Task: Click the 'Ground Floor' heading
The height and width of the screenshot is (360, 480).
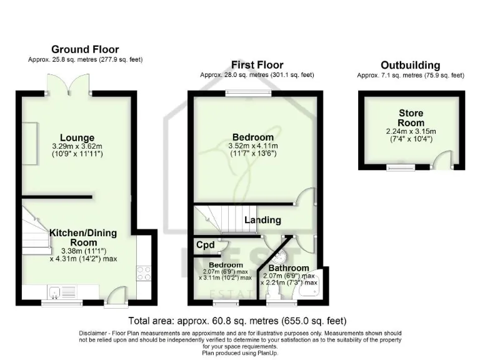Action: pyautogui.click(x=85, y=49)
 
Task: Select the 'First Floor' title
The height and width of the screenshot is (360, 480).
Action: pyautogui.click(x=257, y=65)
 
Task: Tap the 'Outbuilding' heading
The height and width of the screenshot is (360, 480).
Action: pyautogui.click(x=410, y=65)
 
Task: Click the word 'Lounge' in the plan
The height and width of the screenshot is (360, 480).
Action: pyautogui.click(x=77, y=137)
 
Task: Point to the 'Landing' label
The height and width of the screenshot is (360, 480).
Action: pyautogui.click(x=262, y=220)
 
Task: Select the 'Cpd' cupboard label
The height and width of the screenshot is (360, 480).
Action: pyautogui.click(x=204, y=246)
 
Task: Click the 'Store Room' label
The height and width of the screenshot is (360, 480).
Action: pyautogui.click(x=411, y=118)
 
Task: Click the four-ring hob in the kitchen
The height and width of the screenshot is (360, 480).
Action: pyautogui.click(x=143, y=272)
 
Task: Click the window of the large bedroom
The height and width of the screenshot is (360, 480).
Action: pyautogui.click(x=248, y=94)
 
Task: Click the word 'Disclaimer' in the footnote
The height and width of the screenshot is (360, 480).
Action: pyautogui.click(x=96, y=333)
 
